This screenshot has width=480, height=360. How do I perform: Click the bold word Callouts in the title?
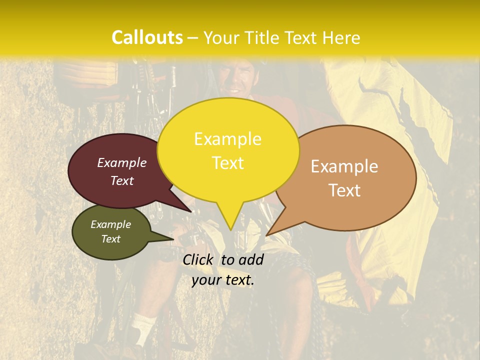click(147, 37)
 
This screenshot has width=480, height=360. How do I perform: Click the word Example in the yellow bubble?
click(227, 139)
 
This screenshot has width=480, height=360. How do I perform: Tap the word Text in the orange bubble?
click(344, 190)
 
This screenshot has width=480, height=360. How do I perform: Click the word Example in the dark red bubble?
click(122, 162)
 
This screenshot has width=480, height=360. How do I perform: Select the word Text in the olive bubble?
click(111, 239)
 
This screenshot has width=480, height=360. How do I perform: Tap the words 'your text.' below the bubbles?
click(223, 280)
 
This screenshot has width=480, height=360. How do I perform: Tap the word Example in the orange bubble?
click(344, 166)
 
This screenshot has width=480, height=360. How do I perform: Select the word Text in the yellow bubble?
click(228, 163)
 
